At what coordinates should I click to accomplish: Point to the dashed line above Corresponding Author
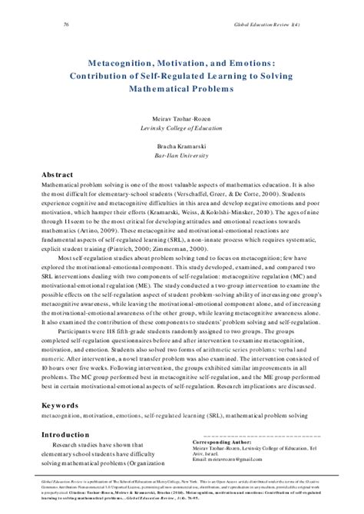tap(253, 437)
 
